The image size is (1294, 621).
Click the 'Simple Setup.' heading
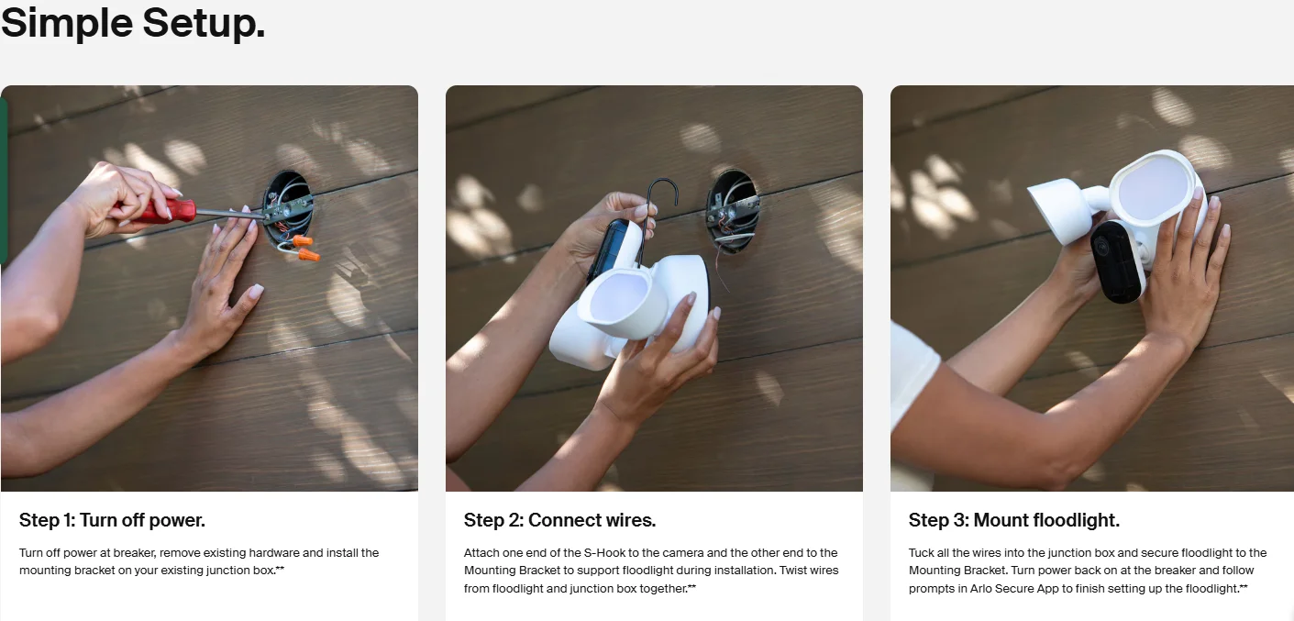tap(133, 23)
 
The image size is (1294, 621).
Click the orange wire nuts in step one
tap(305, 248)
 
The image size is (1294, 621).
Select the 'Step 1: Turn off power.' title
tap(112, 520)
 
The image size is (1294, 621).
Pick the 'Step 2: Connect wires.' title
tap(559, 520)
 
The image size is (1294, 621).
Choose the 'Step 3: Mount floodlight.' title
tap(1013, 520)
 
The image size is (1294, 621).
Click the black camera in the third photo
tap(1117, 261)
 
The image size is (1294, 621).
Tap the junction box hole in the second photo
tap(733, 211)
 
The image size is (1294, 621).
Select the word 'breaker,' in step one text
tap(135, 553)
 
